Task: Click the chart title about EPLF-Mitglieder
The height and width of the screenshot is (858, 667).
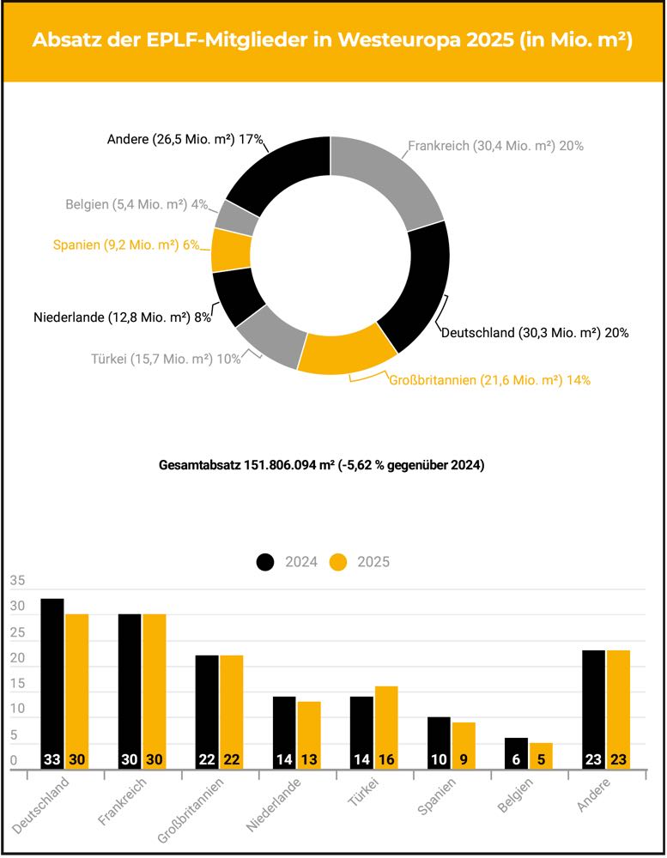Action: tap(332, 41)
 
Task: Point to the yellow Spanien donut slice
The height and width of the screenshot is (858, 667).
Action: tap(230, 250)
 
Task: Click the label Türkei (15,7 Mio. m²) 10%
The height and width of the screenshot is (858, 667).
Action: tap(166, 359)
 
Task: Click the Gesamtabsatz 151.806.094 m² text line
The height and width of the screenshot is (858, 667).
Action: tap(322, 466)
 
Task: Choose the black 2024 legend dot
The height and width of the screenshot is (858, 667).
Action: tap(265, 562)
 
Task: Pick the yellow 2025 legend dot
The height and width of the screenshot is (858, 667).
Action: tap(339, 562)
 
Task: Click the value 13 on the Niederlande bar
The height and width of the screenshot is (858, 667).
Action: tap(309, 760)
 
